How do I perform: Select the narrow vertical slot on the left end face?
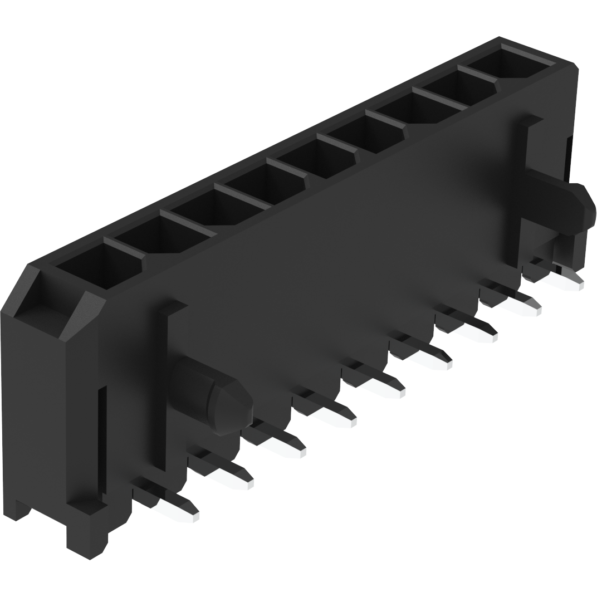102,440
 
